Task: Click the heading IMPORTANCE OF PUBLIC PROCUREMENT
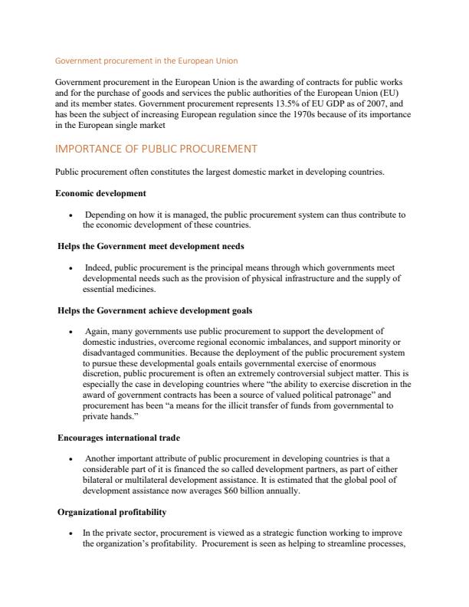156,148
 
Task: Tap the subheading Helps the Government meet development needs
151,247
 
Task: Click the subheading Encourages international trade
119,438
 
